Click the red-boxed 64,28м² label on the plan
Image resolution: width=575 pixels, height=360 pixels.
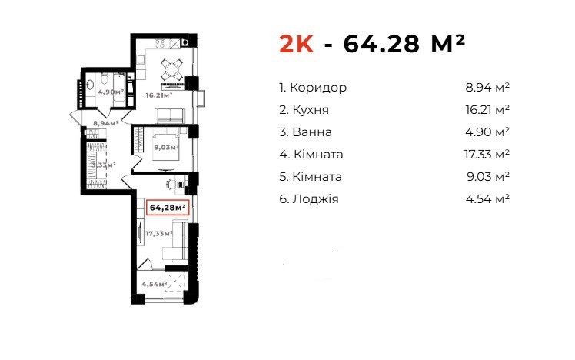(x=168, y=207)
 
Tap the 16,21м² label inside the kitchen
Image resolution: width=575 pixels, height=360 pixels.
(x=158, y=97)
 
